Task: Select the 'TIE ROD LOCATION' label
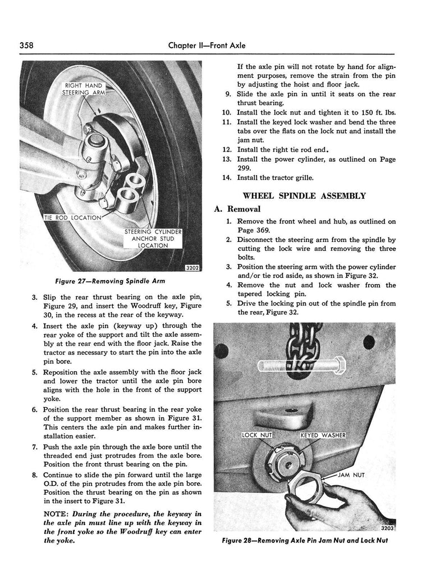tap(73, 217)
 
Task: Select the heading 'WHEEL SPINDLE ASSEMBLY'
tap(304, 196)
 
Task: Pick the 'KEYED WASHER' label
tap(323, 435)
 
